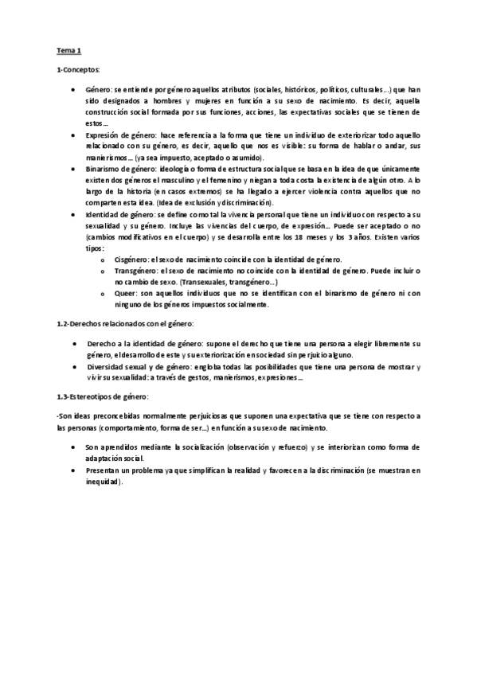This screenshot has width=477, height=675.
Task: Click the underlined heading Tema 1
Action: click(68, 51)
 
